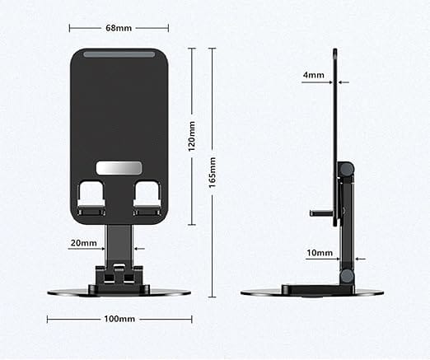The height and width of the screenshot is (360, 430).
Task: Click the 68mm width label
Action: (x=119, y=28)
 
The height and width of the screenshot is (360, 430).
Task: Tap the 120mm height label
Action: (x=191, y=136)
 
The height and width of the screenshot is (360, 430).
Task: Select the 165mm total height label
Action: (x=213, y=172)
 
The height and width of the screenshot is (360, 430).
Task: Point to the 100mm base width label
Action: (x=119, y=319)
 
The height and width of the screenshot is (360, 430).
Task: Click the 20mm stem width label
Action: (x=84, y=243)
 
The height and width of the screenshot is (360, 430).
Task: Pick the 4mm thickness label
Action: (x=314, y=75)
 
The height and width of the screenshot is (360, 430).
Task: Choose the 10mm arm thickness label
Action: (x=320, y=253)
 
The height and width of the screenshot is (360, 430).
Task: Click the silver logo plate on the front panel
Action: (x=119, y=168)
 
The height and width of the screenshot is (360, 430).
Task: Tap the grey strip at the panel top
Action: (x=119, y=54)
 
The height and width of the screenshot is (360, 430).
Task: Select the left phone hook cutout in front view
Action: (x=91, y=198)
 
